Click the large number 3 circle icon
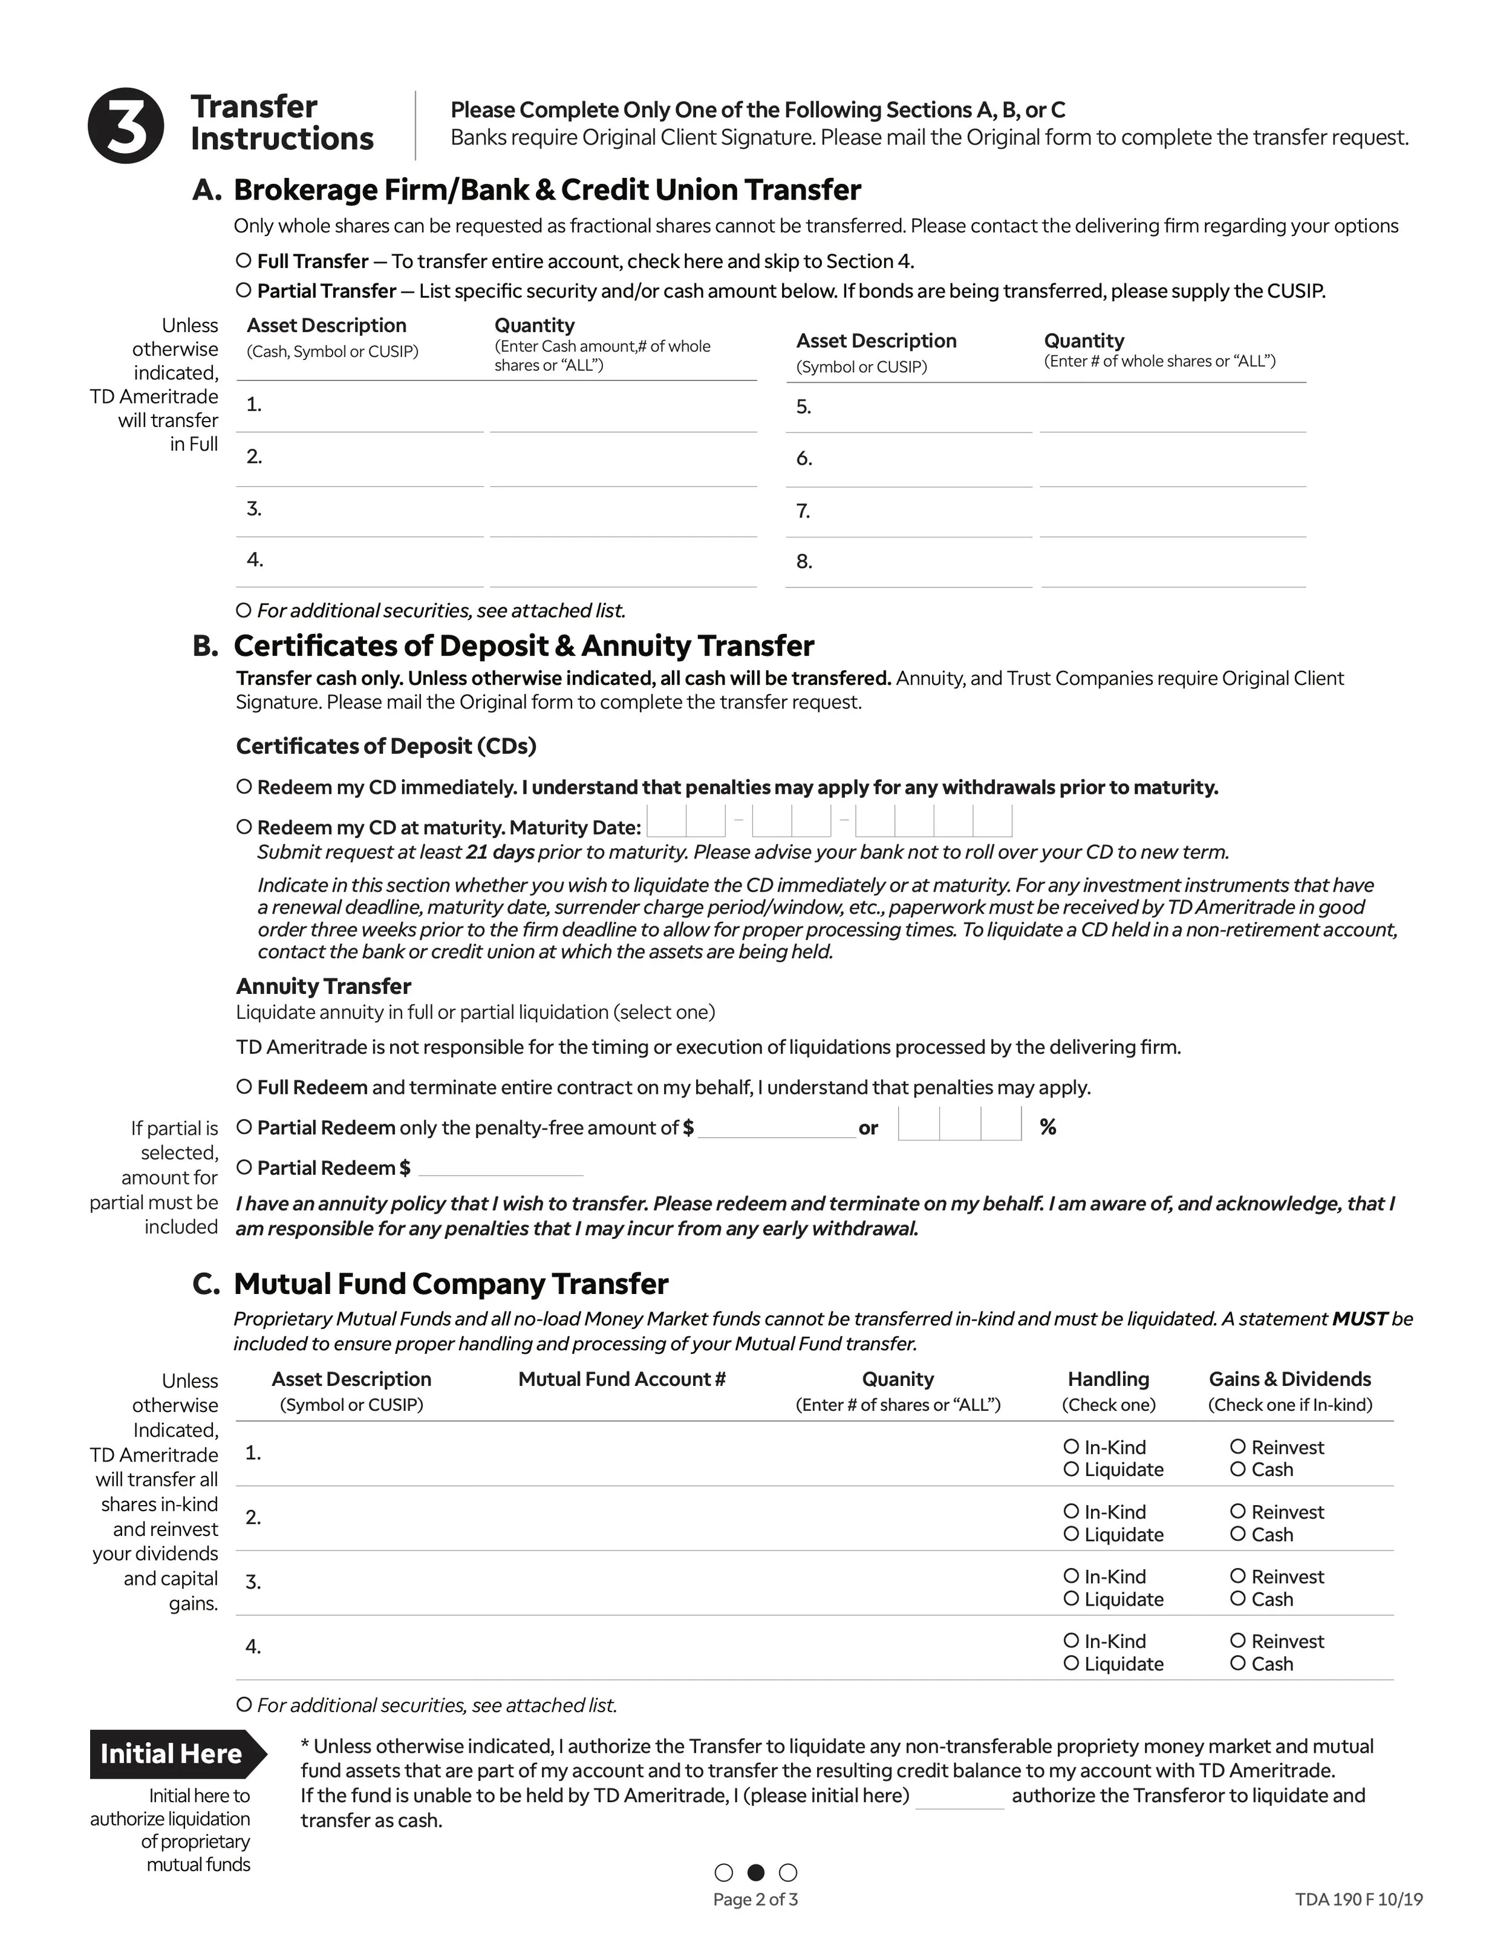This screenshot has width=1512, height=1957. pyautogui.click(x=125, y=125)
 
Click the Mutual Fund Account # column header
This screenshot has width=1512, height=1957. pyautogui.click(x=622, y=1379)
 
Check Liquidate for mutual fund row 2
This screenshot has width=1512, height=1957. pyautogui.click(x=1070, y=1534)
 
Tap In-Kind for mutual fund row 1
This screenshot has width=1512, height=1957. pyautogui.click(x=1070, y=1446)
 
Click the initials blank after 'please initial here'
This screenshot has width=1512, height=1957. pyautogui.click(x=959, y=1797)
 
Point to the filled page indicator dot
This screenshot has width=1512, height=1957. pyautogui.click(x=756, y=1872)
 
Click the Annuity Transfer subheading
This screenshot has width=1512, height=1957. pyautogui.click(x=324, y=985)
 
